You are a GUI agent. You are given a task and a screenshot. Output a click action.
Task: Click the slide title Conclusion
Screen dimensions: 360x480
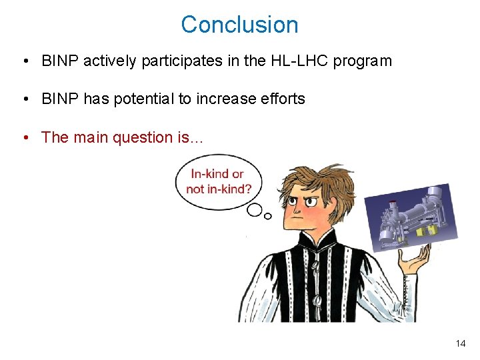pos(239,25)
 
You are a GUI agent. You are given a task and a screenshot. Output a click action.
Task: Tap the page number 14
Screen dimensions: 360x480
pos(460,343)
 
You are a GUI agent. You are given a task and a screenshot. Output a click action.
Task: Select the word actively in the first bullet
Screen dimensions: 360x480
pos(109,61)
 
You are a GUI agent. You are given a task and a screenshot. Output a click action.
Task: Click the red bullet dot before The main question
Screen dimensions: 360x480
pos(25,137)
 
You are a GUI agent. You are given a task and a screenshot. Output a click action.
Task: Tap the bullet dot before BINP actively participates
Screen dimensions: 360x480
pos(25,61)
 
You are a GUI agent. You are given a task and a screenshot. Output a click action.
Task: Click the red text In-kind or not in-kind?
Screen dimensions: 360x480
pos(219,181)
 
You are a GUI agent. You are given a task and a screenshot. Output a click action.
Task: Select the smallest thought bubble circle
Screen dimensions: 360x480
pos(268,215)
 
